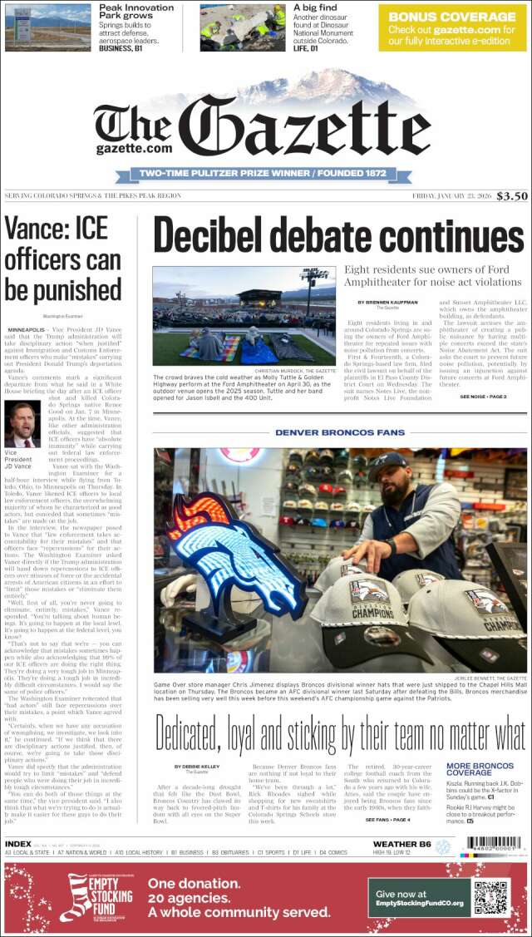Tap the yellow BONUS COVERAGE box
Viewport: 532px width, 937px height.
tap(452, 27)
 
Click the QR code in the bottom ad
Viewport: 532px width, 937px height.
tap(490, 898)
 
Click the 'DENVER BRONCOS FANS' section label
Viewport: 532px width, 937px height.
tap(340, 432)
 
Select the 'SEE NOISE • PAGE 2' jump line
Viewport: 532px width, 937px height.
tap(483, 397)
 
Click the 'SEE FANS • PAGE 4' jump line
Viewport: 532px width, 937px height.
tap(388, 820)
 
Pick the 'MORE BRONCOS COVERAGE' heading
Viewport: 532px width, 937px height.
tap(480, 769)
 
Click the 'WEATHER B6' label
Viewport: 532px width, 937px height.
tap(401, 845)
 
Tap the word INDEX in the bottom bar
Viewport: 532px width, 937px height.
tap(18, 844)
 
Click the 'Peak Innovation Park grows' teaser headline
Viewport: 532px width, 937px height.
tap(136, 12)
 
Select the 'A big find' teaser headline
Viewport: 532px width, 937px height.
tap(315, 7)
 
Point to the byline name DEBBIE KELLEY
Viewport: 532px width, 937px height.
tap(197, 767)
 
